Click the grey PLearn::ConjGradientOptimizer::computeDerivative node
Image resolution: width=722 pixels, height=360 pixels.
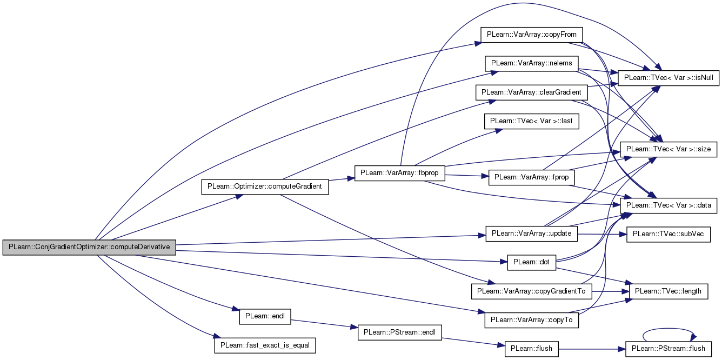[89, 247]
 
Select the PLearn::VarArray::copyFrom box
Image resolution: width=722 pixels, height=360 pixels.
[532, 35]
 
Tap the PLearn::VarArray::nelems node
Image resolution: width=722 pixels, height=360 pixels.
[532, 63]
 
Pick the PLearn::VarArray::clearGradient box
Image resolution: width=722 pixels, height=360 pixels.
[532, 92]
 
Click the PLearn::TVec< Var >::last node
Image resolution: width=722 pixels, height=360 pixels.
[532, 121]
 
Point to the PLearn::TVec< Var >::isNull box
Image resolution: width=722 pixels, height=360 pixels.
[668, 78]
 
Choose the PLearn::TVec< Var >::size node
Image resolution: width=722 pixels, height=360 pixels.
[668, 149]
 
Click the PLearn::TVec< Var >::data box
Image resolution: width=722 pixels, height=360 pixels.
[668, 205]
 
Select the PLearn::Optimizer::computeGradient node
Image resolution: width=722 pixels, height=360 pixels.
[265, 186]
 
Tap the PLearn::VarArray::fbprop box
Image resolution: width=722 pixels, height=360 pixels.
[400, 173]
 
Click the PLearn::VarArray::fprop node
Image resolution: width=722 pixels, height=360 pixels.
[532, 178]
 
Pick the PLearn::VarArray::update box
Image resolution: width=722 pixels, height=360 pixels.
[532, 234]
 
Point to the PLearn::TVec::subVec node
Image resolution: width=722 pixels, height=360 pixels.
[668, 234]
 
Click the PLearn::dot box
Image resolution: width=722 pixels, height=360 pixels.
[532, 262]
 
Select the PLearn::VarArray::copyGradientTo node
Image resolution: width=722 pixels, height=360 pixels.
[532, 291]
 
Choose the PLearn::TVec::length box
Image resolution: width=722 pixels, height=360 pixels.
[668, 291]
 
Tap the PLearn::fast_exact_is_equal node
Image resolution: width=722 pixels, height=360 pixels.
[265, 345]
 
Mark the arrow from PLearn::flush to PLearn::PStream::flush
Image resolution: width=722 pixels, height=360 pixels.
[592, 349]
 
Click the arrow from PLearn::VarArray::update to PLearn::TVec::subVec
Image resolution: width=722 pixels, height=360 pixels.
[602, 234]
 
